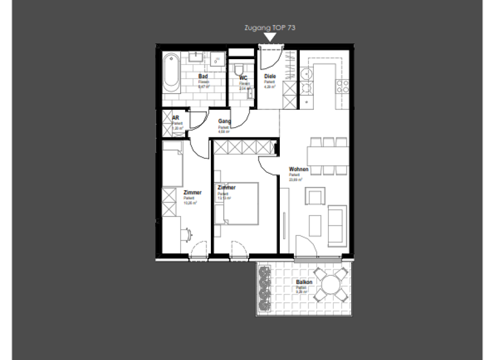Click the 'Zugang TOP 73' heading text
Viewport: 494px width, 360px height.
[x=270, y=28]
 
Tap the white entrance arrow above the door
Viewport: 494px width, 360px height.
[x=270, y=39]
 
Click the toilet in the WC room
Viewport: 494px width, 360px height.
[x=239, y=69]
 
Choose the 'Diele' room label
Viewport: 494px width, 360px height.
[x=270, y=77]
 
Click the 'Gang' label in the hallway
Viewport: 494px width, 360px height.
[x=224, y=122]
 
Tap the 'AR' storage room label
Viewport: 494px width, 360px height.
[x=175, y=118]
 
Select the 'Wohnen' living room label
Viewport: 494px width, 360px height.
[x=298, y=170]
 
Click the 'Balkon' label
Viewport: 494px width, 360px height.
[x=304, y=282]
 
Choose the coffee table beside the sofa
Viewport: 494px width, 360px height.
[x=315, y=225]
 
